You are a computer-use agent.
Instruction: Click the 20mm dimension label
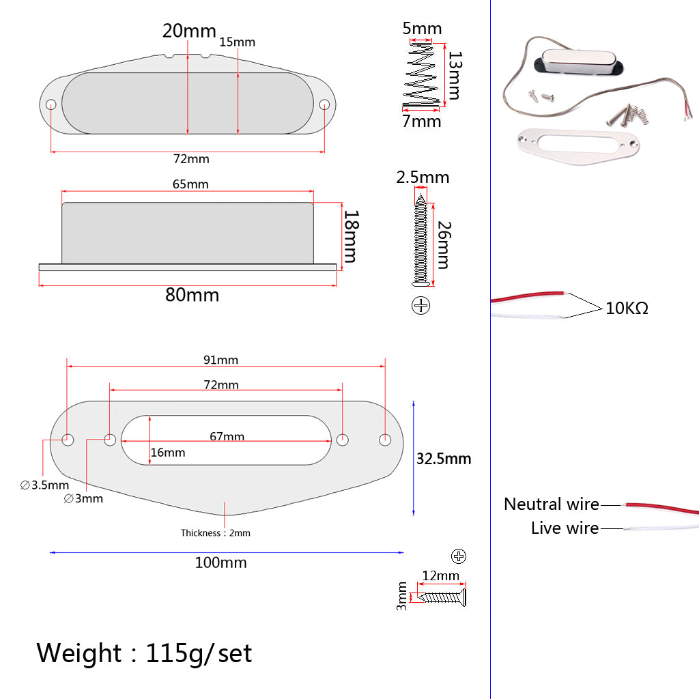coord(189,31)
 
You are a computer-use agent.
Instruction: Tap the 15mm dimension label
coord(237,42)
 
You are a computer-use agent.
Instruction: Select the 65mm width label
coord(190,184)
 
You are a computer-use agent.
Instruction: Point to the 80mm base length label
coord(192,295)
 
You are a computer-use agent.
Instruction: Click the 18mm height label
coord(351,237)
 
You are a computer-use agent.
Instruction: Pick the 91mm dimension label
coord(220,360)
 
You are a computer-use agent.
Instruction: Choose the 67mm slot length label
coord(227,436)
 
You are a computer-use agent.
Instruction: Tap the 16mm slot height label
coord(168,453)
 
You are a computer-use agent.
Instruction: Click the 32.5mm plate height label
coord(444,459)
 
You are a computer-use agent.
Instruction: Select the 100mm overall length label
coord(220,562)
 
